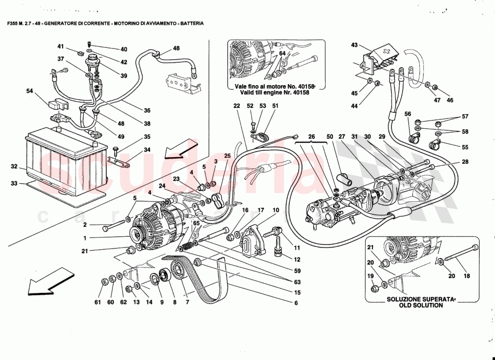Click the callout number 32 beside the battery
(x=14, y=166)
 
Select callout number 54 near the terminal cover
(x=30, y=91)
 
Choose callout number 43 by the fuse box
(x=354, y=45)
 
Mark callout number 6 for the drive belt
(x=296, y=303)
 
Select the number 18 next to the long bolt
(x=467, y=276)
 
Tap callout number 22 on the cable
(x=237, y=106)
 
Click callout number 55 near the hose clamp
(x=464, y=147)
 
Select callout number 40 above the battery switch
(x=124, y=49)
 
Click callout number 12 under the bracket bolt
(x=297, y=259)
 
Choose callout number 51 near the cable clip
(x=275, y=106)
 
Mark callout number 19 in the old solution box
(x=371, y=276)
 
